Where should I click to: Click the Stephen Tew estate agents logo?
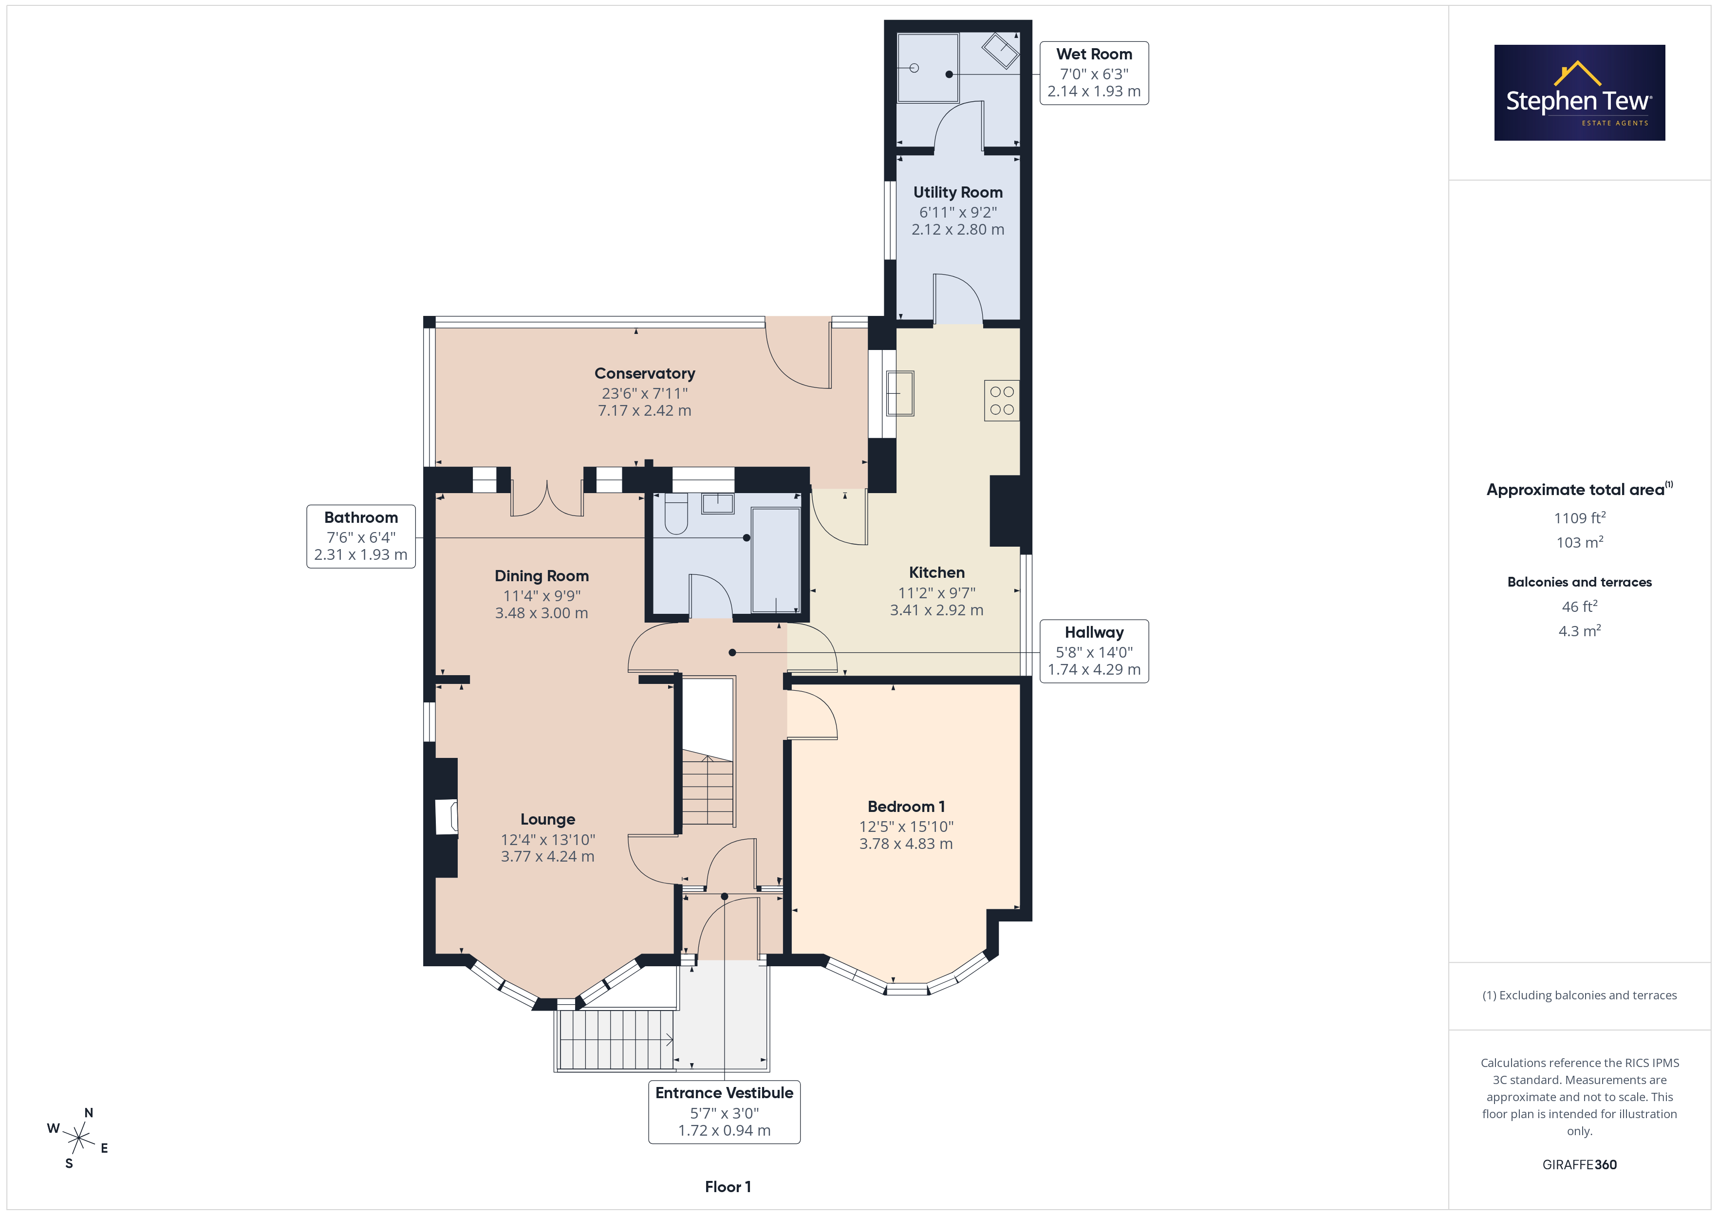[x=1580, y=93]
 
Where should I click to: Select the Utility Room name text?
[x=958, y=192]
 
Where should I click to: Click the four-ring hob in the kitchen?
[x=1002, y=400]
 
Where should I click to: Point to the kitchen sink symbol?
[x=900, y=393]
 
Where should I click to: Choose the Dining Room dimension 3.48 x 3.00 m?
[x=542, y=613]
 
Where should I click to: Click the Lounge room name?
[x=548, y=819]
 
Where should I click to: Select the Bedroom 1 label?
[x=906, y=807]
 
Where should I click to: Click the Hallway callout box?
[x=1094, y=651]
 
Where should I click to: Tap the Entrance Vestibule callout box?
[x=724, y=1112]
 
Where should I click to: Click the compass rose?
[x=78, y=1139]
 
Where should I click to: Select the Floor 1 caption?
[x=728, y=1187]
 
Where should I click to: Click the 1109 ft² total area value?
[x=1580, y=518]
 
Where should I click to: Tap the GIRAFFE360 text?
[x=1580, y=1165]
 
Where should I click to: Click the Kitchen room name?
[x=937, y=572]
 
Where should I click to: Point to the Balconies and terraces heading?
[x=1580, y=582]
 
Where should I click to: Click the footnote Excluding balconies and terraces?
[x=1580, y=995]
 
